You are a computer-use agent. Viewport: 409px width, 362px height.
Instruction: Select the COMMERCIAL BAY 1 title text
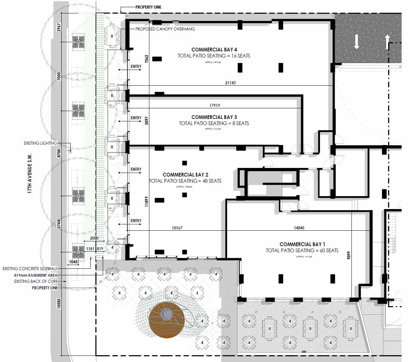point(302,244)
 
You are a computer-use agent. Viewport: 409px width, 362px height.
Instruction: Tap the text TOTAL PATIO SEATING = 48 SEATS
point(185,181)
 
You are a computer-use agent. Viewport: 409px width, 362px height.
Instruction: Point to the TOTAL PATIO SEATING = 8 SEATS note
point(214,123)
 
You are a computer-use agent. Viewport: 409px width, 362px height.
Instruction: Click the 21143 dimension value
point(230,83)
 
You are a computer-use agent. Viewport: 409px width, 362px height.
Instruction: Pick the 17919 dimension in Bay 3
point(215,106)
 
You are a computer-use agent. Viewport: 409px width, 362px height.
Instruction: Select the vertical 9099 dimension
point(349,257)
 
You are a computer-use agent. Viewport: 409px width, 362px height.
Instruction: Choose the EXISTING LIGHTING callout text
point(40,143)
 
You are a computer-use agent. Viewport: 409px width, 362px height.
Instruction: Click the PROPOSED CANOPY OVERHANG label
point(165,29)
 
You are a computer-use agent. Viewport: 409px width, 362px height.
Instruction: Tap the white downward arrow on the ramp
point(356,42)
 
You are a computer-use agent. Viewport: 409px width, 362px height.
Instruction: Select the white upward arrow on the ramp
point(387,41)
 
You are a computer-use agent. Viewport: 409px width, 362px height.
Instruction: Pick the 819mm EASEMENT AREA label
point(36,275)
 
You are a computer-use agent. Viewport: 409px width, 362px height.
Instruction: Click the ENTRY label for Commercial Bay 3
point(136,118)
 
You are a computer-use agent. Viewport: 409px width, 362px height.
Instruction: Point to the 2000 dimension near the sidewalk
point(94,238)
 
